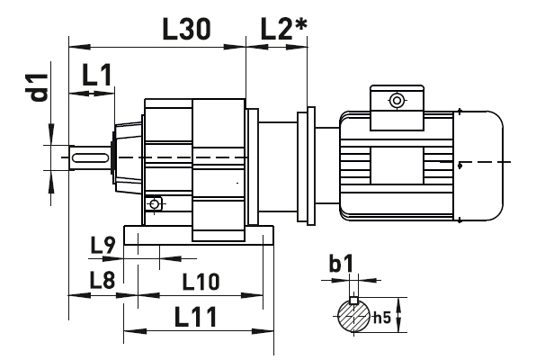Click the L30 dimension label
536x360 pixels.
[x=186, y=29]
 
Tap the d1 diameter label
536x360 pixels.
[x=38, y=93]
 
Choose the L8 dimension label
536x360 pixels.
[x=102, y=280]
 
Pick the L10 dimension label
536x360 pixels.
[x=201, y=282]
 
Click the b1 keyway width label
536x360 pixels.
[x=341, y=264]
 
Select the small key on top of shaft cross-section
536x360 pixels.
[x=354, y=300]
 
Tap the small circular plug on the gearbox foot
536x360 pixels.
[x=156, y=204]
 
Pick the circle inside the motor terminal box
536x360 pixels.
[x=394, y=99]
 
